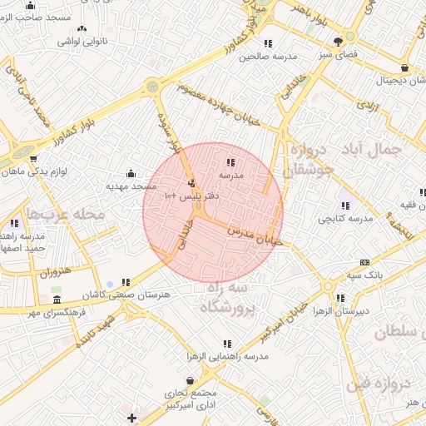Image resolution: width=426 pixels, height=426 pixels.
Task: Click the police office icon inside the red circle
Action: click(192, 183)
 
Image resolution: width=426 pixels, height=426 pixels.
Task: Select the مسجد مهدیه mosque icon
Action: click(131, 174)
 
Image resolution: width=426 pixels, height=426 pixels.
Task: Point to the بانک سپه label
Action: click(364, 274)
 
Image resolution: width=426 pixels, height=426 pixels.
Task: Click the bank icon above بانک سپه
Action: click(364, 262)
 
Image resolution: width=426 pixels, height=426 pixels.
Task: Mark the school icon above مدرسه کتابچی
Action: click(344, 206)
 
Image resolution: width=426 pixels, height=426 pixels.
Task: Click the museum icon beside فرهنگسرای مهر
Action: click(57, 300)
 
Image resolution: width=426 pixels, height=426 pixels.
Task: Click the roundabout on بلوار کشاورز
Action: click(152, 86)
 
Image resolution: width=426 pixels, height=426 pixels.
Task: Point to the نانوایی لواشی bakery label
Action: click(82, 41)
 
